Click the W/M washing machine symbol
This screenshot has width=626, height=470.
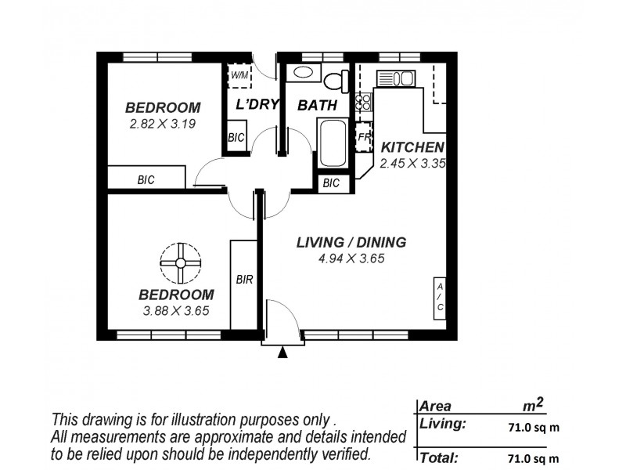239,76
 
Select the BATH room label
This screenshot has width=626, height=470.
317,105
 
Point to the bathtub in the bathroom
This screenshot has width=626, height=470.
332,143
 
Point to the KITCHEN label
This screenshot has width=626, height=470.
412,147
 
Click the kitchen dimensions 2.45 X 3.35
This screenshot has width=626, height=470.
412,164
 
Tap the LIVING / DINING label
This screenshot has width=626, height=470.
351,242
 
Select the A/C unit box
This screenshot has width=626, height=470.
440,298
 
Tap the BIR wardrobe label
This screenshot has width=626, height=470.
244,278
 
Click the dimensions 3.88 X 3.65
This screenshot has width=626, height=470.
176,310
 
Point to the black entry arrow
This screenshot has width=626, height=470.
283,353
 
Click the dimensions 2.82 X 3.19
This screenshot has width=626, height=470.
163,123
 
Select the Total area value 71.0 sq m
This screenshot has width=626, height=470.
533,457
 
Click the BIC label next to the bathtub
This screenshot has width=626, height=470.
331,183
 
